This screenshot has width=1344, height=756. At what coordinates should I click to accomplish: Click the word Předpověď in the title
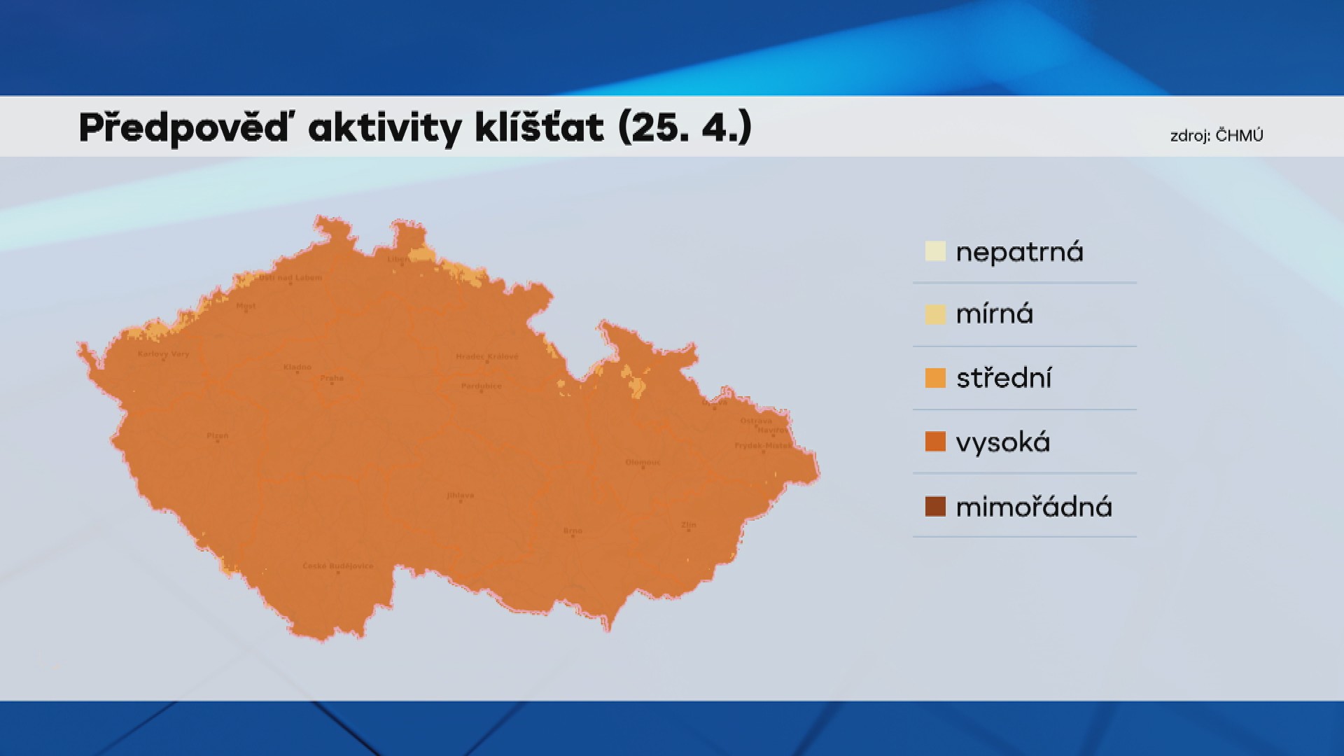click(183, 128)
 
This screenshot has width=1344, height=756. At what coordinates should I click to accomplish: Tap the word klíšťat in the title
click(539, 128)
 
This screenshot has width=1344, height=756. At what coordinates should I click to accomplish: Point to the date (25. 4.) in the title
click(685, 128)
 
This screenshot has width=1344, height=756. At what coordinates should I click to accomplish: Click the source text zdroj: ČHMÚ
click(1217, 136)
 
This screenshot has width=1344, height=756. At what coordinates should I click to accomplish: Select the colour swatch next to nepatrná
click(935, 251)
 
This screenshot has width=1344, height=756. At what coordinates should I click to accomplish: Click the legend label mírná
click(994, 314)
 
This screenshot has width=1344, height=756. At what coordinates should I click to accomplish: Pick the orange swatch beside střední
click(935, 378)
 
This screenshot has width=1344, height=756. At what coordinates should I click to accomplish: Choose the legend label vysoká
click(1002, 442)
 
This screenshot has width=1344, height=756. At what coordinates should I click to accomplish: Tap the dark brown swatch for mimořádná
click(935, 506)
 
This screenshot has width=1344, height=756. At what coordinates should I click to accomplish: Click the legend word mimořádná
click(1033, 507)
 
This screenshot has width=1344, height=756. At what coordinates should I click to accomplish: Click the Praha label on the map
click(332, 378)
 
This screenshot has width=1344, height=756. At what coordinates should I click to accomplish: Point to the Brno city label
click(573, 531)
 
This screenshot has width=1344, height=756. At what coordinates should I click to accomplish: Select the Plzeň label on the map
click(217, 435)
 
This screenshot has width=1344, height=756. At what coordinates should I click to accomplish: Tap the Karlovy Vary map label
click(163, 353)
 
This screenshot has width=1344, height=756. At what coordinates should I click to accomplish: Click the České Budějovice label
click(338, 566)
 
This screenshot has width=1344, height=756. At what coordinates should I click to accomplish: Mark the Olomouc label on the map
click(643, 462)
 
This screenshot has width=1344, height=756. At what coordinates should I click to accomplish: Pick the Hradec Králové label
click(487, 356)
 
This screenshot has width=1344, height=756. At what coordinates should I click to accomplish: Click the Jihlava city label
click(460, 495)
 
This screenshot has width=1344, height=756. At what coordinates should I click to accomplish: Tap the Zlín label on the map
click(689, 524)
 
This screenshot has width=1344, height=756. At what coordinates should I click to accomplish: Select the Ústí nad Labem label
click(290, 277)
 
